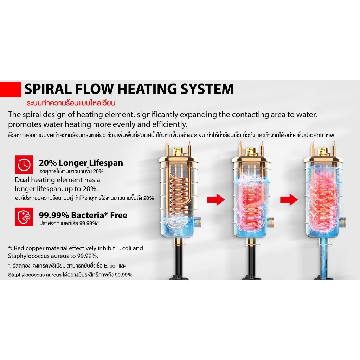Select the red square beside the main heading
10,89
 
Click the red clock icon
24,165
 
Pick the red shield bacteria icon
24,217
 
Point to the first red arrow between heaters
216,200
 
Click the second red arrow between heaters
289,200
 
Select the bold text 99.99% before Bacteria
54,216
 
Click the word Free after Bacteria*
119,216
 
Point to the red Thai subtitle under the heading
71,103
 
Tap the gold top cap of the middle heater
251,152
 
